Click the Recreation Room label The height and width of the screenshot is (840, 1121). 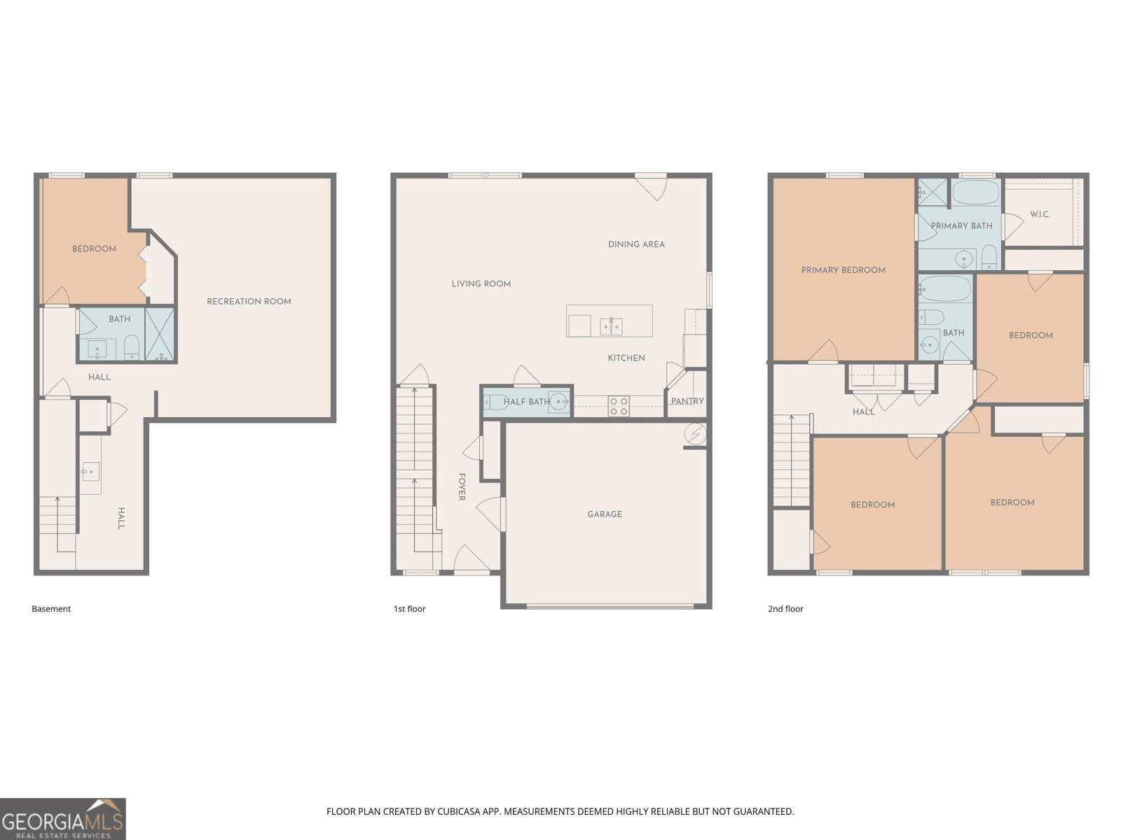(x=249, y=302)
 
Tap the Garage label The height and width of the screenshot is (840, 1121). (x=605, y=514)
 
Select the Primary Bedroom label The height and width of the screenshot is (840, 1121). (x=843, y=270)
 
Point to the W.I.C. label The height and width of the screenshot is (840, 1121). (x=1040, y=214)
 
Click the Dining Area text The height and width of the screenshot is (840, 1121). (x=636, y=244)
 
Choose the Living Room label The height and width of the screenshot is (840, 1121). (x=481, y=284)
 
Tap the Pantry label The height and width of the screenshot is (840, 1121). (x=687, y=401)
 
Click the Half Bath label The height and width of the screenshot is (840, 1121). (x=527, y=402)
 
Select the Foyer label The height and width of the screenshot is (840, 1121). (x=462, y=486)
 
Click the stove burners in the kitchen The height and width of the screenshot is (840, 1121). (x=619, y=407)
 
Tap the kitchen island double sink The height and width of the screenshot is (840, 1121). (x=611, y=326)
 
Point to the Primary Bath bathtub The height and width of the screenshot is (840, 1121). (x=975, y=192)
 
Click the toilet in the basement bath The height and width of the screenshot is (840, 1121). (x=131, y=347)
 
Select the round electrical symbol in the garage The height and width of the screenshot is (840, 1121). (x=696, y=434)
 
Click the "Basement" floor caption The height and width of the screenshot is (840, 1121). (x=51, y=608)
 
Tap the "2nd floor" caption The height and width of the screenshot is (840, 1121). (x=785, y=608)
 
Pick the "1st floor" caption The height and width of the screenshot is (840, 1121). (x=409, y=608)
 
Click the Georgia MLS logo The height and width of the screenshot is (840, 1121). (x=63, y=818)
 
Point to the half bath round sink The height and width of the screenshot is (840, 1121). (x=559, y=402)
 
